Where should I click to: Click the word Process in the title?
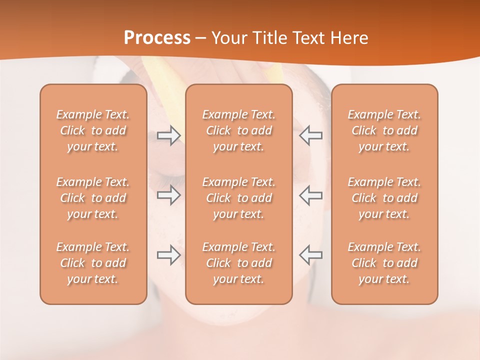157,38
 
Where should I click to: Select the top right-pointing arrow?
168,135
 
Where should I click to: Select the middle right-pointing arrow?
168,195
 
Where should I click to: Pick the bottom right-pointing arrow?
168,255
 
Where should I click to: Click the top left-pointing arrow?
311,135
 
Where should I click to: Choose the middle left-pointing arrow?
311,195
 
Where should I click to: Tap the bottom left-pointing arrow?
311,255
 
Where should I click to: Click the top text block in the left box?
93,130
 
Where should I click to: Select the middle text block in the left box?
93,198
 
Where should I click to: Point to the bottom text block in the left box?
93,263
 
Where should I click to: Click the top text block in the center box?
239,130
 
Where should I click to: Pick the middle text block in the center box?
239,198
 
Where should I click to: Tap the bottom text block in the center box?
239,263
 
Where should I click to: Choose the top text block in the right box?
384,130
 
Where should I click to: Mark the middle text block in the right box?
384,198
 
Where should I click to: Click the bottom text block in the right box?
384,263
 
